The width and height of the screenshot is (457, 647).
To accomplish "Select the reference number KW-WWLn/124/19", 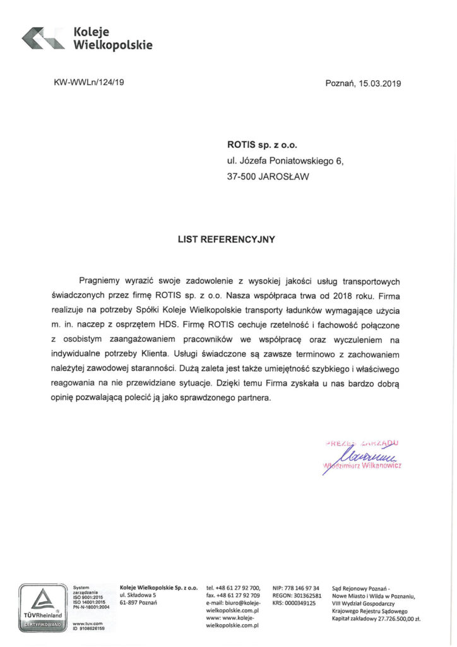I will click(89, 83).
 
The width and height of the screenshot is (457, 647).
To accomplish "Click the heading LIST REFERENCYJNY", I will click(227, 240).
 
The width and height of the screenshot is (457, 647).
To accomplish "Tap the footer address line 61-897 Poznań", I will click(138, 603).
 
